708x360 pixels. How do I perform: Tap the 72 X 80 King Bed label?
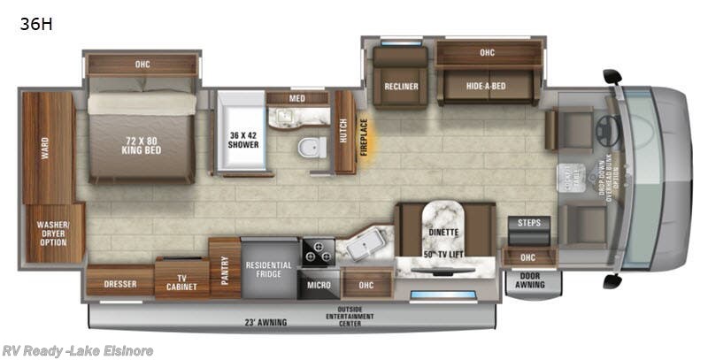pyautogui.click(x=142, y=145)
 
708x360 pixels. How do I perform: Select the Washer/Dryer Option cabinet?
pyautogui.click(x=54, y=234)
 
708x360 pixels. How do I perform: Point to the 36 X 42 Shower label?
pyautogui.click(x=244, y=139)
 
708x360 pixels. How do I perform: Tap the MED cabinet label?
pyautogui.click(x=297, y=98)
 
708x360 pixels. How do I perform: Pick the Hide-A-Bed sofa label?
pyautogui.click(x=486, y=87)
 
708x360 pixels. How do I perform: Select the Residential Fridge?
pyautogui.click(x=269, y=271)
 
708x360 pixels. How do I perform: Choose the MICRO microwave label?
pyautogui.click(x=319, y=285)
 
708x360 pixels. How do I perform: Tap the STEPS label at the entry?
pyautogui.click(x=529, y=223)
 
